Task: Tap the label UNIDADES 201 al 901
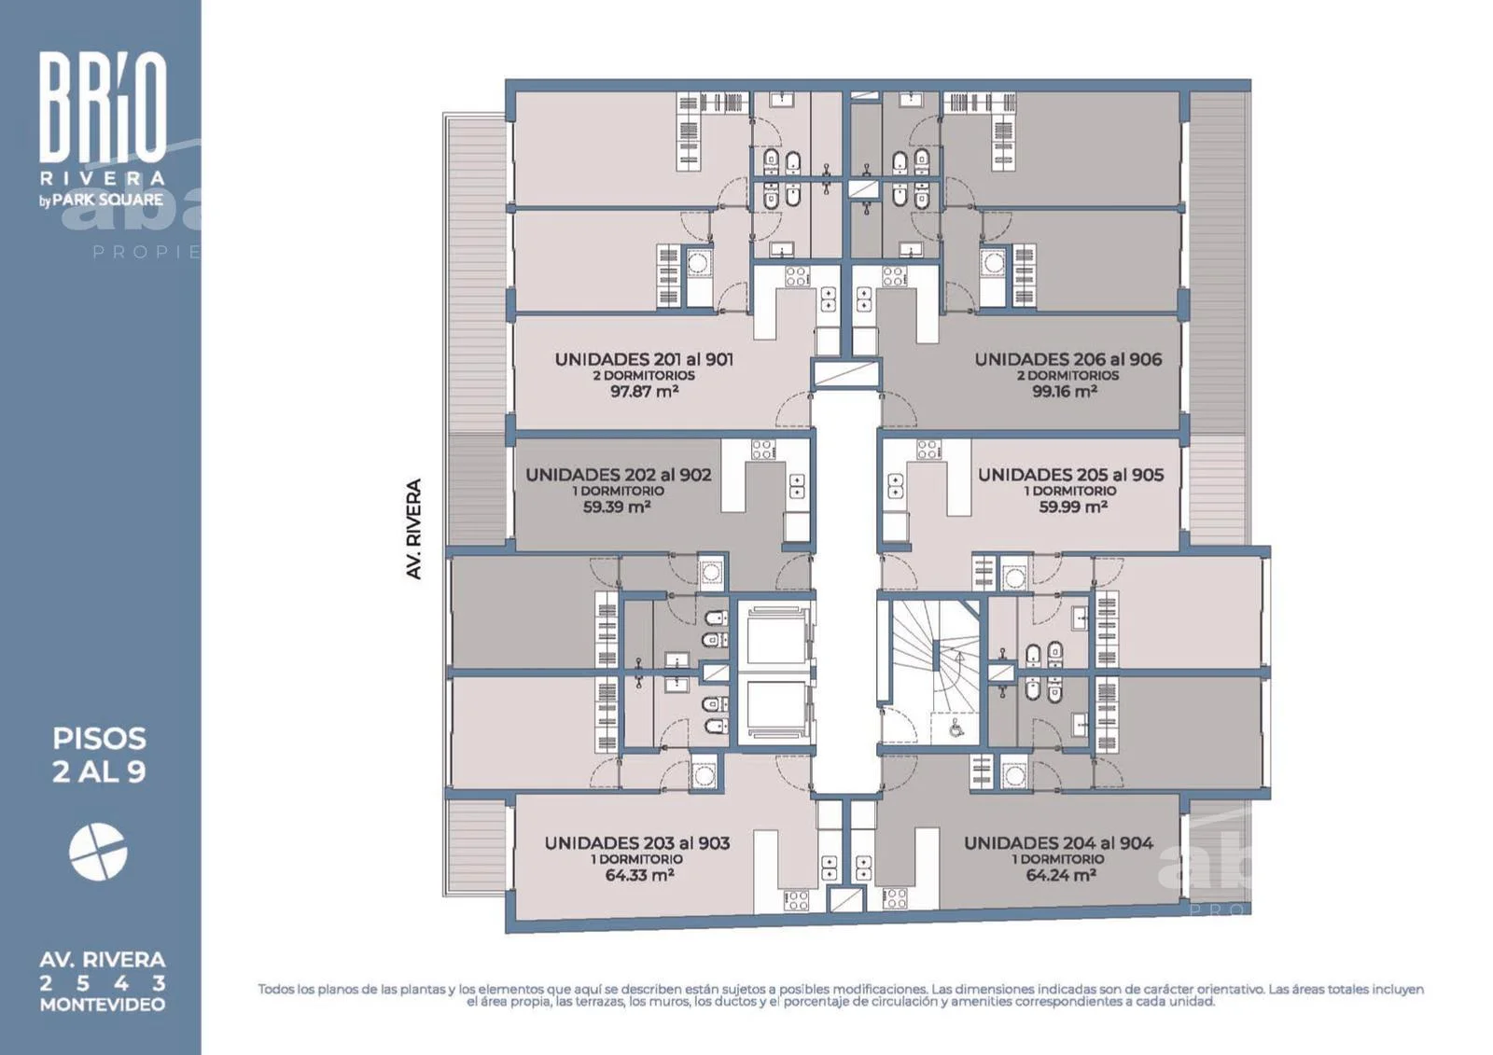(644, 359)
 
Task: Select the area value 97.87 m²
(645, 391)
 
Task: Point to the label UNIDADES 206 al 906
(1067, 359)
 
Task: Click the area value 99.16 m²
(1065, 391)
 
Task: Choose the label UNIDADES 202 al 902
(618, 475)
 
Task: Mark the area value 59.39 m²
(617, 507)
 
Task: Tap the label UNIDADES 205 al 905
(1070, 475)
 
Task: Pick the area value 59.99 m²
(1072, 507)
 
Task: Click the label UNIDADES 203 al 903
(636, 843)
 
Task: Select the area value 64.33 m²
(639, 875)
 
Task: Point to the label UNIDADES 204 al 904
(1058, 843)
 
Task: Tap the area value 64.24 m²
(1060, 875)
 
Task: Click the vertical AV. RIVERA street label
(414, 529)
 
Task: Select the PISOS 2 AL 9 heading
(99, 755)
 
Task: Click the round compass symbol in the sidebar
(98, 852)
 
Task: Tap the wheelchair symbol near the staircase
(956, 728)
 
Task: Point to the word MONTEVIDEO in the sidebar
(103, 1005)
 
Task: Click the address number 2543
(103, 983)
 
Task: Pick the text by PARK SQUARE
(102, 200)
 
